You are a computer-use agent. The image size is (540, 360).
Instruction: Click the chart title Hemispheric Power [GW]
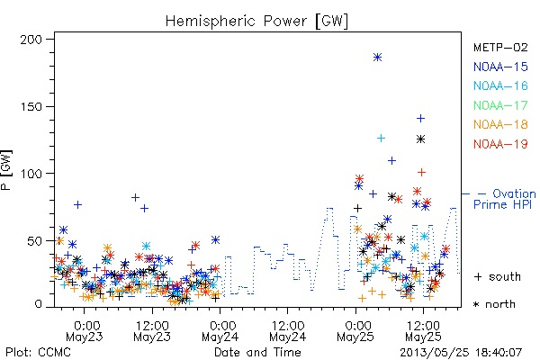coord(256,21)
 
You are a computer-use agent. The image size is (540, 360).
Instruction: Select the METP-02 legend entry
coord(500,47)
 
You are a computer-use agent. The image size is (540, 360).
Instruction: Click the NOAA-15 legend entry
coord(500,67)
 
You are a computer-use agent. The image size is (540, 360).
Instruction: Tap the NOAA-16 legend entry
coord(500,85)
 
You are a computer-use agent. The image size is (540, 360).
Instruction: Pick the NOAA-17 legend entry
coord(500,105)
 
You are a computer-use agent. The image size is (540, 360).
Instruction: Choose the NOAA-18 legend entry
coord(500,124)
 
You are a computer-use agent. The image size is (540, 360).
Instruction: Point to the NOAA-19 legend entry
coord(500,144)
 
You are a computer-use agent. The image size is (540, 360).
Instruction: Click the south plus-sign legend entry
coord(497,276)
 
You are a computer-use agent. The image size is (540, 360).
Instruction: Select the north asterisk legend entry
coord(494,304)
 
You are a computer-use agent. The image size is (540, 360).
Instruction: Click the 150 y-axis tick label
coord(31,107)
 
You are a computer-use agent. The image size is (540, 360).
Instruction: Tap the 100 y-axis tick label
coord(31,174)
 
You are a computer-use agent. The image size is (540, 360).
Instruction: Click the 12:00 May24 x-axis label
coord(288,331)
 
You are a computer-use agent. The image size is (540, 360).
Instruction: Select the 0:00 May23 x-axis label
coord(85,331)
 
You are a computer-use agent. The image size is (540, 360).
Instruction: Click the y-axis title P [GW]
coord(6,170)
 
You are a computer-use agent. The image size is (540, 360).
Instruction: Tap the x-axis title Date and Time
coord(257,353)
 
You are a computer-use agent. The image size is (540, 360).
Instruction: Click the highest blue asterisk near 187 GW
coord(377,58)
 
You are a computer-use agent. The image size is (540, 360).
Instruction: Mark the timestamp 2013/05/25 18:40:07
coord(461,353)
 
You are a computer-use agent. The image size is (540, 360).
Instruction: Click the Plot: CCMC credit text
coord(38,353)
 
